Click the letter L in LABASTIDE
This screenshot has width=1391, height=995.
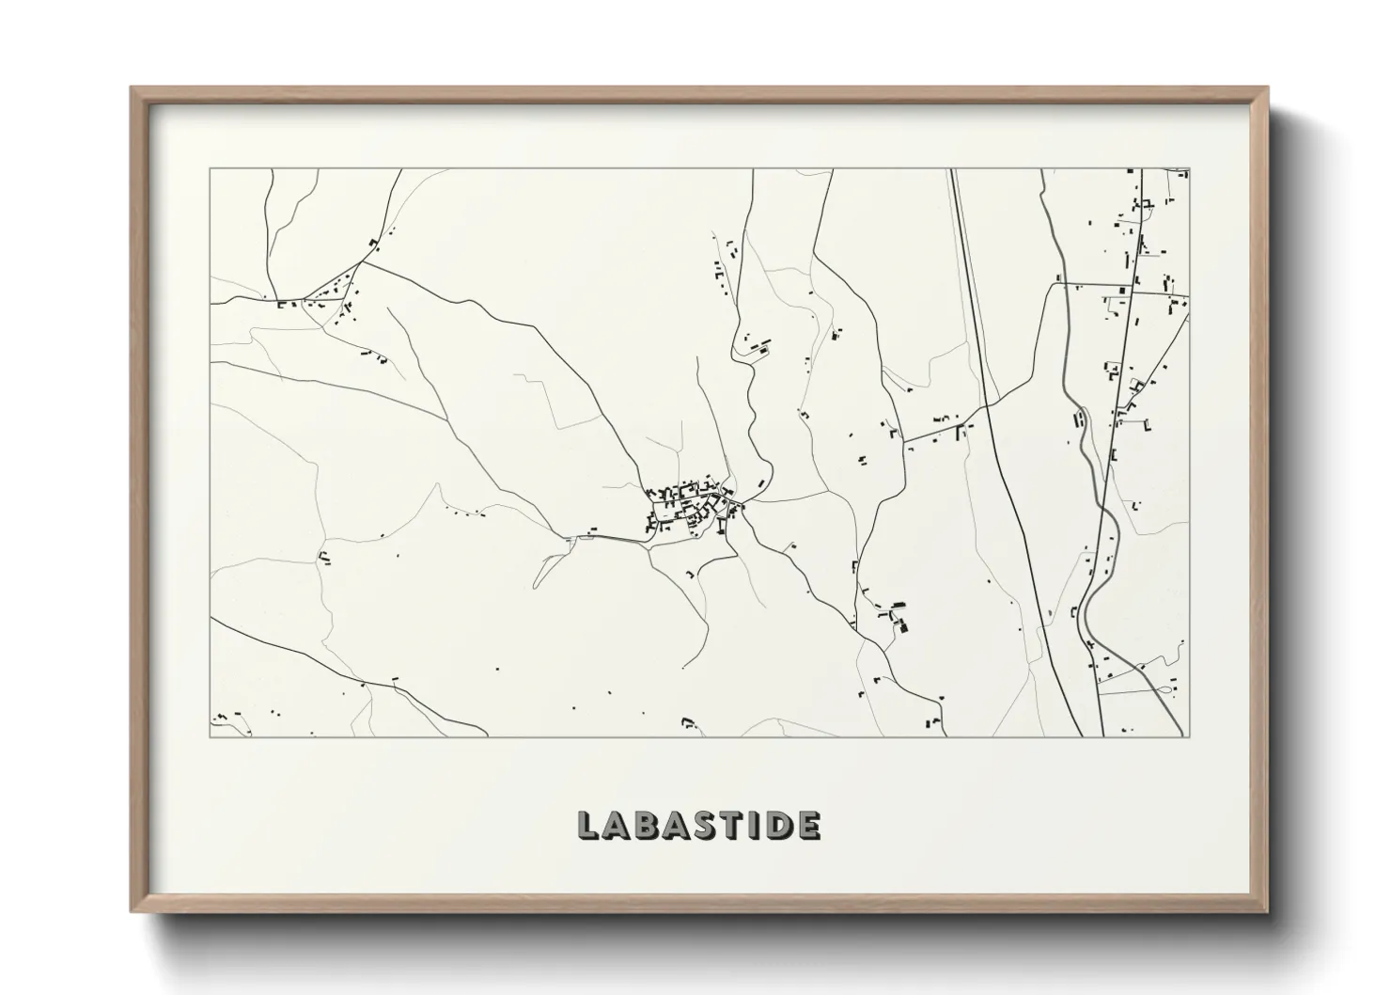pyautogui.click(x=588, y=825)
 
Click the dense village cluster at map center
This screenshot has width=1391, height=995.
pyautogui.click(x=688, y=508)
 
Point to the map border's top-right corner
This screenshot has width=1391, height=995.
pyautogui.click(x=1189, y=169)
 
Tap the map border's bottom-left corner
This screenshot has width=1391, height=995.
pyautogui.click(x=211, y=736)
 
